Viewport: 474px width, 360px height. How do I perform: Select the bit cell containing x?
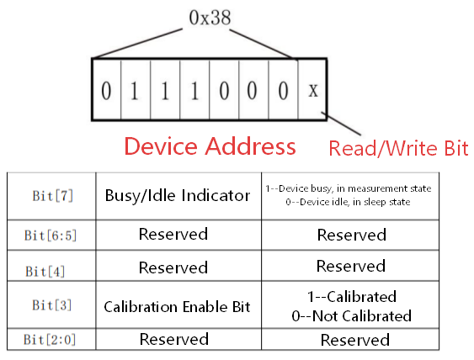[x=313, y=89]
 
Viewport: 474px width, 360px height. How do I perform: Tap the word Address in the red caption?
[x=250, y=146]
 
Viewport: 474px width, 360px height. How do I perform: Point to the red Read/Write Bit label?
[x=397, y=149]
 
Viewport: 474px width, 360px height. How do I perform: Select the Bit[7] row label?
[x=52, y=195]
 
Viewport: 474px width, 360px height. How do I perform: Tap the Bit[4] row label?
[x=46, y=270]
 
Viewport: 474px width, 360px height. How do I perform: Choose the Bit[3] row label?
[x=53, y=306]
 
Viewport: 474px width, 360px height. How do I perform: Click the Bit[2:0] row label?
[x=53, y=340]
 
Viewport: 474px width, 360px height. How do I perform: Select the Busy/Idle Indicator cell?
[x=178, y=195]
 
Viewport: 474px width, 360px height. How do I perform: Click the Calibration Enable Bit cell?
[x=177, y=306]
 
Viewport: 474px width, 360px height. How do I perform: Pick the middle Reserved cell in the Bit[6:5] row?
[x=173, y=234]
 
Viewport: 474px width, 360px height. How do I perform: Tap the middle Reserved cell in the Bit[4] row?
[x=173, y=267]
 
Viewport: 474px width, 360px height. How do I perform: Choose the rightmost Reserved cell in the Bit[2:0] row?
[x=354, y=340]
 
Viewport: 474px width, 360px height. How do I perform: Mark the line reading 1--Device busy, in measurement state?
[x=348, y=188]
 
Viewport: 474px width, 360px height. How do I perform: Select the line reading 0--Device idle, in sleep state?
[x=348, y=203]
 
